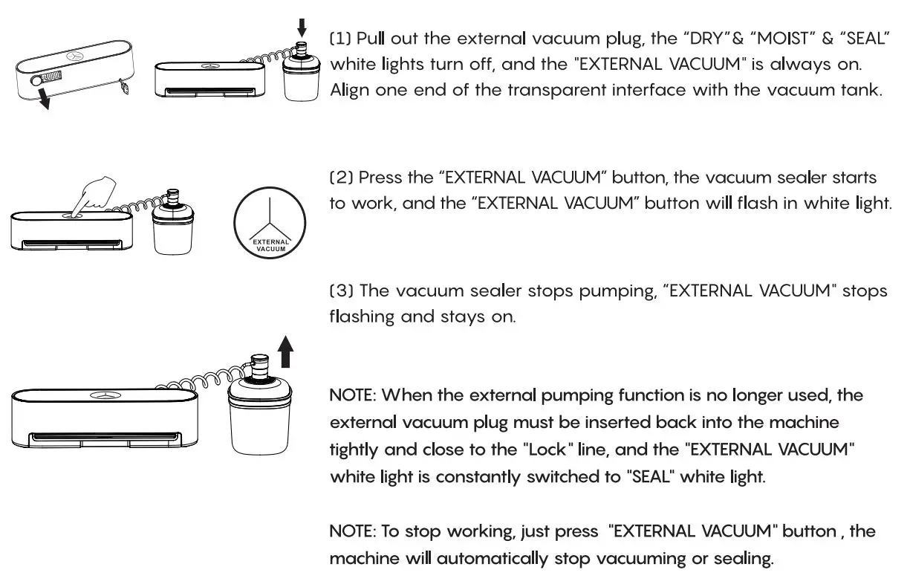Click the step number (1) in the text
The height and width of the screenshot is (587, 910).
pyautogui.click(x=341, y=39)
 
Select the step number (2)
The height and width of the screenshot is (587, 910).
pyautogui.click(x=341, y=178)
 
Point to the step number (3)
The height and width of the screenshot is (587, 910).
pyautogui.click(x=341, y=291)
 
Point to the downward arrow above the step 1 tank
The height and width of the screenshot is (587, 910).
pyautogui.click(x=301, y=27)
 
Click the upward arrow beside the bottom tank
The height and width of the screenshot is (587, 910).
pyautogui.click(x=286, y=351)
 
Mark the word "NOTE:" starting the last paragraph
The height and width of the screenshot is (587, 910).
pyautogui.click(x=353, y=532)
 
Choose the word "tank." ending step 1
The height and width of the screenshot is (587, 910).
pyautogui.click(x=862, y=91)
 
